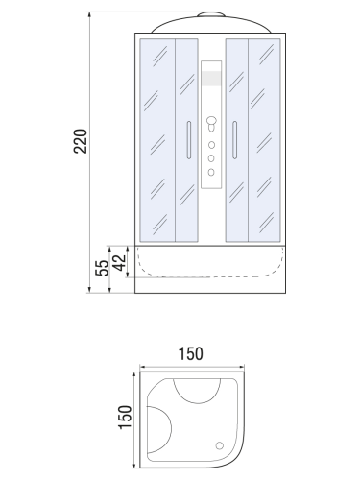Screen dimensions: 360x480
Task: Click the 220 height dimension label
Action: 81,141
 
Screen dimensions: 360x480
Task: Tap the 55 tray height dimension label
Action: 102,268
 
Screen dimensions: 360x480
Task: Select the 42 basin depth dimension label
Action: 120,262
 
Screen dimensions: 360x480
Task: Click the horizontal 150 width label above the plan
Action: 190,354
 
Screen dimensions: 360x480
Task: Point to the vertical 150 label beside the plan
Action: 125,418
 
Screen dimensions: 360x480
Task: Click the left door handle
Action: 189,140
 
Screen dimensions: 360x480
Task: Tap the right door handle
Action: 234,140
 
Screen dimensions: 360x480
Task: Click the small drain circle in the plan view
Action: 220,445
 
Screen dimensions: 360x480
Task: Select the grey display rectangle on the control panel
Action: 211,79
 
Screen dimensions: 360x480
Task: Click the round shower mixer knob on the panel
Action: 211,121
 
